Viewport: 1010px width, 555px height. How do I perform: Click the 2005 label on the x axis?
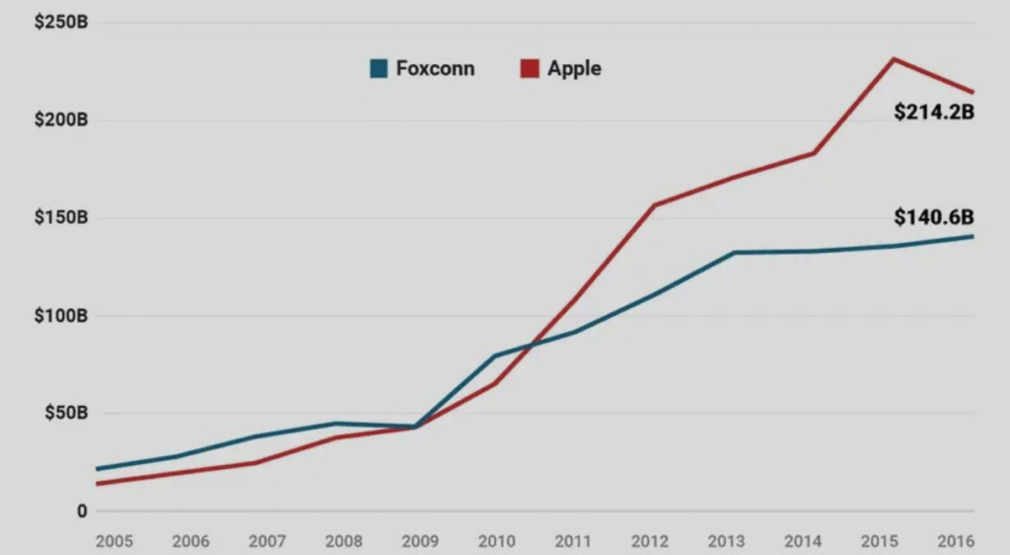pos(114,541)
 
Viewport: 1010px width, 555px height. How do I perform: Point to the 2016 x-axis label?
pos(957,541)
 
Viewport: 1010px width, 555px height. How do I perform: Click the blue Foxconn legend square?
pos(378,69)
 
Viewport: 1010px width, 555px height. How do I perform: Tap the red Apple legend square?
pos(530,69)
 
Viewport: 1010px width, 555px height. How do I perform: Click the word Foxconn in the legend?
pos(435,69)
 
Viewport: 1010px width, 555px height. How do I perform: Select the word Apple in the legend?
pos(574,69)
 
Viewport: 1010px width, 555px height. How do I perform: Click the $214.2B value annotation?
pos(934,113)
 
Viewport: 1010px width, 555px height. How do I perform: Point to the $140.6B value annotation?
pos(934,216)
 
